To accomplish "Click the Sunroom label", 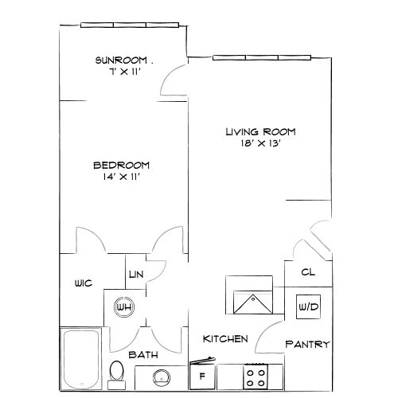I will click(x=120, y=60).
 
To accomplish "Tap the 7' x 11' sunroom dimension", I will click(x=120, y=71).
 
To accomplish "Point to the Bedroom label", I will click(x=121, y=165).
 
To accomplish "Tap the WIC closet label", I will click(x=85, y=283).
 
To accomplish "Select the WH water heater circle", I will click(x=123, y=306).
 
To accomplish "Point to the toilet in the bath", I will click(x=117, y=372).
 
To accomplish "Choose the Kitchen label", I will click(x=225, y=339).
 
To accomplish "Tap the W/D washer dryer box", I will click(x=307, y=306).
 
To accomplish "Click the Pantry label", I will click(x=307, y=345).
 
